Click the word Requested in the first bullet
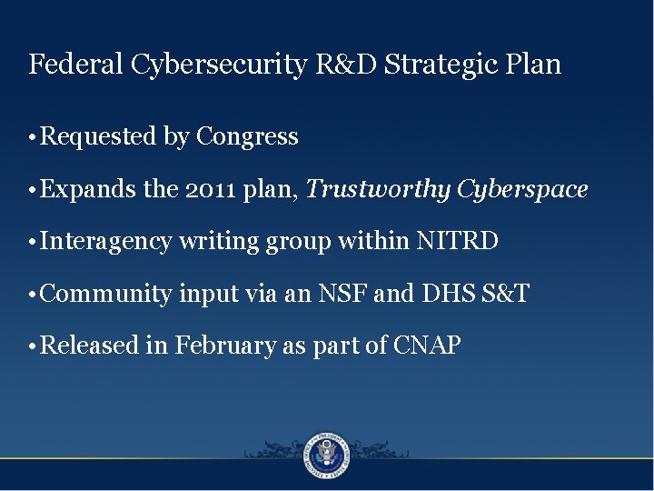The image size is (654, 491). (99, 137)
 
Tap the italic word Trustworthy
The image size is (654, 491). (379, 190)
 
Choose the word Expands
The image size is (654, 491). (89, 190)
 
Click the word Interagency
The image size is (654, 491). (106, 242)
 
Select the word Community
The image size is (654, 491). (106, 294)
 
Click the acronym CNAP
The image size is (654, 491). (427, 346)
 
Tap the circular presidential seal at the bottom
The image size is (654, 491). (327, 454)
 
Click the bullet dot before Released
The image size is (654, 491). (33, 346)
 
